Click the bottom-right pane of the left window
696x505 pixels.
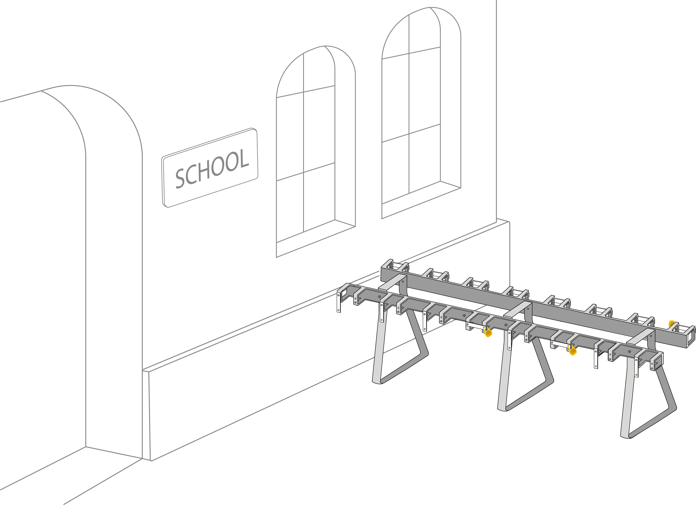coord(319,197)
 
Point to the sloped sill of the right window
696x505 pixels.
coord(421,200)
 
